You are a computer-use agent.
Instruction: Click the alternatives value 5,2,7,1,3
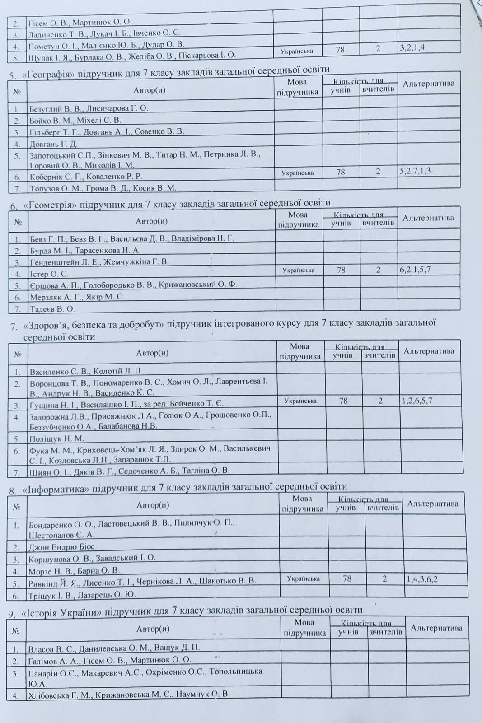[415, 171]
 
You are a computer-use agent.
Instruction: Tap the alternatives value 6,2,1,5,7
[415, 270]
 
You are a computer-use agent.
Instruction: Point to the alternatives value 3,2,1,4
[412, 47]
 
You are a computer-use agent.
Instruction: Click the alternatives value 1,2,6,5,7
[417, 401]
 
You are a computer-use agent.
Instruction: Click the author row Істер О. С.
[49, 274]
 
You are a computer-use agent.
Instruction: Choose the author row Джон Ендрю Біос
[61, 547]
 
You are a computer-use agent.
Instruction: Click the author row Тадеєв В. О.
[52, 309]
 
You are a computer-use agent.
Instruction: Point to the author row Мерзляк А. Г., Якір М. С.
[77, 297]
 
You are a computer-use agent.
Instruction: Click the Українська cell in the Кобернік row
[297, 173]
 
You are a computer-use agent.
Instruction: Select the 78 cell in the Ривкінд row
[347, 578]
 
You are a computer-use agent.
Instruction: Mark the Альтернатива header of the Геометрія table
[428, 218]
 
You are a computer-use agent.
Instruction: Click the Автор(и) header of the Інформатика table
[153, 505]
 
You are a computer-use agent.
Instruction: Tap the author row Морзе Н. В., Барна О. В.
[74, 570]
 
